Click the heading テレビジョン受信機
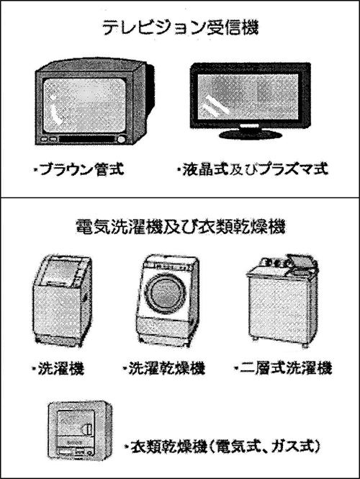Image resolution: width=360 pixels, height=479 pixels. pyautogui.click(x=180, y=28)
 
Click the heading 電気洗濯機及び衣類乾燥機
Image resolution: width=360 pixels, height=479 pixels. pyautogui.click(x=180, y=227)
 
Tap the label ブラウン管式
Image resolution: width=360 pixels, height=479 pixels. pyautogui.click(x=79, y=169)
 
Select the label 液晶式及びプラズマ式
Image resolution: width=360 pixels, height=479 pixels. pyautogui.click(x=253, y=169)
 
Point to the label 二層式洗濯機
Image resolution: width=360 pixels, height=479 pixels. pyautogui.click(x=284, y=368)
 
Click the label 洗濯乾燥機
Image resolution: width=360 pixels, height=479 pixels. pyautogui.click(x=163, y=368)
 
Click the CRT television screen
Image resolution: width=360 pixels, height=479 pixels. pyautogui.click(x=85, y=105)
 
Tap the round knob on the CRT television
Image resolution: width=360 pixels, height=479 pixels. pyautogui.click(x=121, y=140)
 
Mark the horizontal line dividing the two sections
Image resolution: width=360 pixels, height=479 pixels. pyautogui.click(x=180, y=198)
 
